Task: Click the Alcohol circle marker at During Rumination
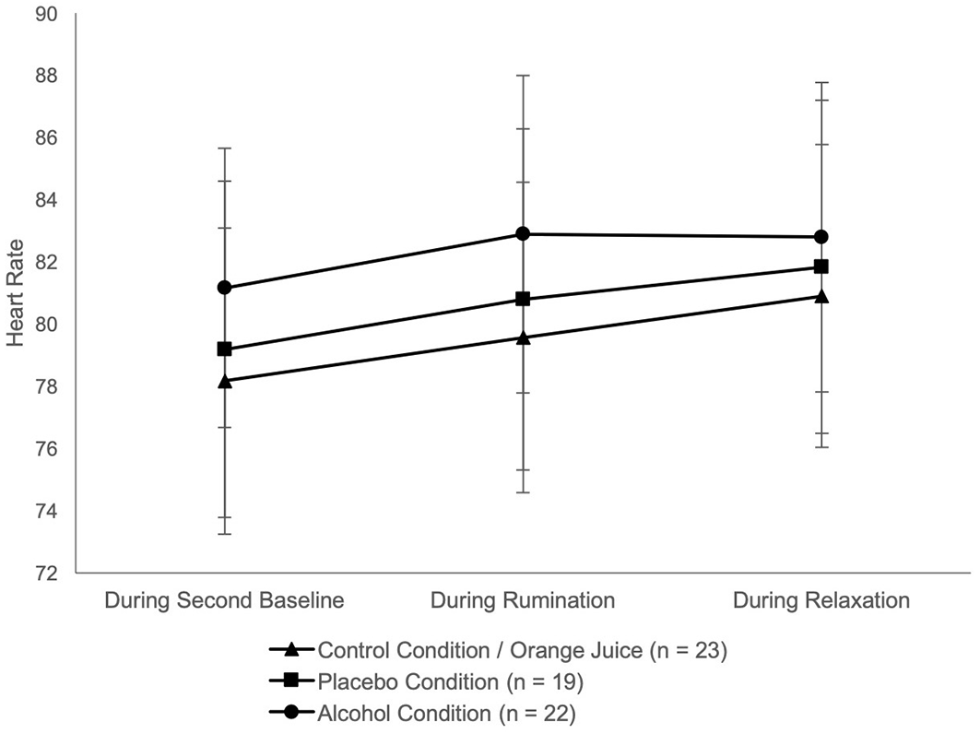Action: tap(523, 234)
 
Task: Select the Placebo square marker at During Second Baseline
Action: tap(224, 349)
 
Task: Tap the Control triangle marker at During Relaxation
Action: tap(821, 296)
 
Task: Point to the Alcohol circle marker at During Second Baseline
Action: tap(224, 288)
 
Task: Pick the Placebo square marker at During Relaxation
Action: tap(821, 267)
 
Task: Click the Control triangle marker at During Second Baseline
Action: tap(224, 381)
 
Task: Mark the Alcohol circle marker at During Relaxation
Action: tap(821, 237)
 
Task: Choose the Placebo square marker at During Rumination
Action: tap(523, 300)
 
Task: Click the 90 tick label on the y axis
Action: tap(44, 14)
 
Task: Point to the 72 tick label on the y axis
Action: tap(44, 574)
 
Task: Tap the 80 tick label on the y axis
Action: tap(44, 325)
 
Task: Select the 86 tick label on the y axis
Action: tap(44, 138)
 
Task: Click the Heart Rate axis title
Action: tap(15, 293)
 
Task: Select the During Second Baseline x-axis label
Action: tap(224, 600)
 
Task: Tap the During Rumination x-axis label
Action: tap(523, 600)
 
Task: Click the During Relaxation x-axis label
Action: tap(821, 600)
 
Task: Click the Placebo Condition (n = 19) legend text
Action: tap(451, 681)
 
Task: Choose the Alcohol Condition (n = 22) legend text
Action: tap(447, 714)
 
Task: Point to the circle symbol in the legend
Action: tap(291, 712)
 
